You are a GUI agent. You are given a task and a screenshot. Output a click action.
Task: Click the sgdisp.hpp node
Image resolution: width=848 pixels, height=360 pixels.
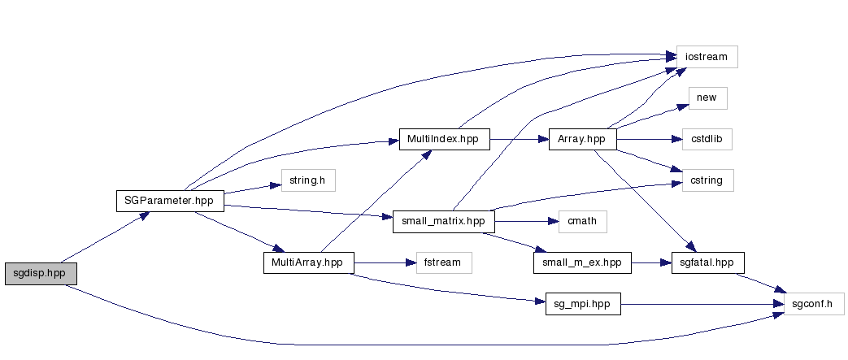pos(40,274)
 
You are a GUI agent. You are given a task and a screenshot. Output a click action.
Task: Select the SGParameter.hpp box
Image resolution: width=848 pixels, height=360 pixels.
pos(169,201)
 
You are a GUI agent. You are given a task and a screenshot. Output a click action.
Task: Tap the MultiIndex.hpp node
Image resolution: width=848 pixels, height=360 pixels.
pos(444,139)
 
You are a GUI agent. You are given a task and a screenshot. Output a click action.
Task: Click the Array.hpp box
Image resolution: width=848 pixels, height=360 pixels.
pos(582,139)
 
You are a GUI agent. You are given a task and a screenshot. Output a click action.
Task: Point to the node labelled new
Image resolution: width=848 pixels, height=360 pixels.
pos(707,98)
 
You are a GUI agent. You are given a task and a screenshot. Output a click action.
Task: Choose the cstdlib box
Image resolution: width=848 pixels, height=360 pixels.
pos(702,139)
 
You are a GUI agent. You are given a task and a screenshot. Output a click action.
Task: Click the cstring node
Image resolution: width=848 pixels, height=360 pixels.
pos(702,180)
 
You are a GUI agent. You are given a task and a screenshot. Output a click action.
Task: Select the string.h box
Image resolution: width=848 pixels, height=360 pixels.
pos(307,180)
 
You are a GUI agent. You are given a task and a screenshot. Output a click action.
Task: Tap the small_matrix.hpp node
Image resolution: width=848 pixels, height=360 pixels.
pos(443,222)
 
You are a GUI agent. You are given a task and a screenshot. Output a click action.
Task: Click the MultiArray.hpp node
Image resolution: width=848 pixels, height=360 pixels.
pos(307,262)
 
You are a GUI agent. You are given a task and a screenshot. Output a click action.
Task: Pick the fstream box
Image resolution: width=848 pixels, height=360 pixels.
pos(443,262)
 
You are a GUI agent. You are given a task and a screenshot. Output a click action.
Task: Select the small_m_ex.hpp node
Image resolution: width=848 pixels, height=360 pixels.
pos(582,262)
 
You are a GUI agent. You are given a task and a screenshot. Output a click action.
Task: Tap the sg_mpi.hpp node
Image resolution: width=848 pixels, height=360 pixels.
pos(582,305)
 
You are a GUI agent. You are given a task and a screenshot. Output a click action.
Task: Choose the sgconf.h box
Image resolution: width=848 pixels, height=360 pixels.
pos(813,305)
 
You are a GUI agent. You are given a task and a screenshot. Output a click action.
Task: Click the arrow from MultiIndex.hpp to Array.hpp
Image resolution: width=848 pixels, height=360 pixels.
pos(520,139)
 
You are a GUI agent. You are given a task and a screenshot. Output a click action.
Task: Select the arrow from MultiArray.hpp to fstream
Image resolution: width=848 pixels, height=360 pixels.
pos(383,262)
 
